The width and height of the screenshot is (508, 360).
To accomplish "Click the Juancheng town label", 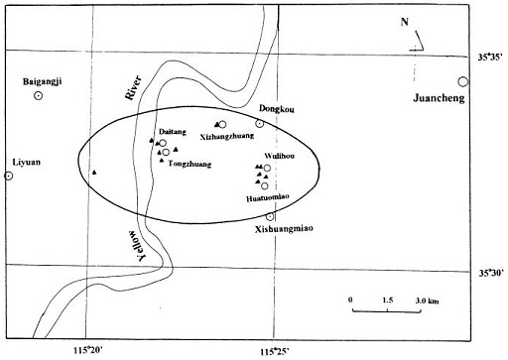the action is tap(439, 98).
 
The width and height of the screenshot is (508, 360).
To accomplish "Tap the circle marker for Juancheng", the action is tap(462, 82).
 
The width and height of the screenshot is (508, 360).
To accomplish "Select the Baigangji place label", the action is tap(38, 82).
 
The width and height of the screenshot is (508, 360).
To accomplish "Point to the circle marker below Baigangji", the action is tap(38, 97).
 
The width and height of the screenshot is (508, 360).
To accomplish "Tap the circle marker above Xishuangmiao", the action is tap(270, 216).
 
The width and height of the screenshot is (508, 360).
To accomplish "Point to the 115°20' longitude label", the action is tap(87, 350).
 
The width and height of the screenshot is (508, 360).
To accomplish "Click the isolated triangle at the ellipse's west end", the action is tap(93, 173).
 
